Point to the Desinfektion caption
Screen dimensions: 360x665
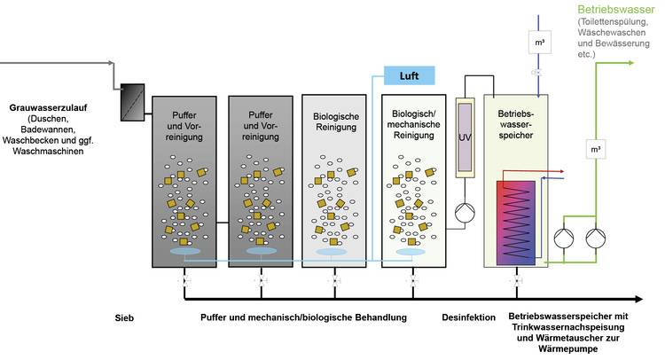[467, 317]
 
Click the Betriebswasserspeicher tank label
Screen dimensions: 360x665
[519, 122]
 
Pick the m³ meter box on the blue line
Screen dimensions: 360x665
[538, 42]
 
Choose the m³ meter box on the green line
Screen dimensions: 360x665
[594, 153]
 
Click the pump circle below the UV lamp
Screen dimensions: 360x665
[465, 214]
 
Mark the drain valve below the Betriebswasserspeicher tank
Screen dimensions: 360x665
[515, 281]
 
